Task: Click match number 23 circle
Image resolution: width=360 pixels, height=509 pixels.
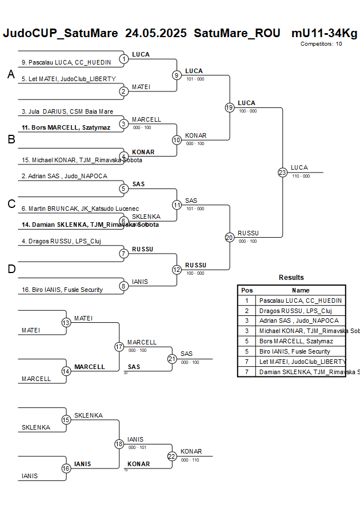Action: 282,173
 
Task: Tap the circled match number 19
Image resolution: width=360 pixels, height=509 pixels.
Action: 229,107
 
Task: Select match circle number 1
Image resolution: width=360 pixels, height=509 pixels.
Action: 123,58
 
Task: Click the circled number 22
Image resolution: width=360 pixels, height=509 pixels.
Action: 171,456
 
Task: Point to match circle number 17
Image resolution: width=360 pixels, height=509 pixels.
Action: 119,347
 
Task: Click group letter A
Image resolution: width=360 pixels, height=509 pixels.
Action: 11,74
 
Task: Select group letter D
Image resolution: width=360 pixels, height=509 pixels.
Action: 11,269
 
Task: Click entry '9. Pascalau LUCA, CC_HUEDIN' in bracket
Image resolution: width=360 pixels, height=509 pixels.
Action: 66,62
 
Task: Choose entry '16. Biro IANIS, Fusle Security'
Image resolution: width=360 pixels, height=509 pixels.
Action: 62,290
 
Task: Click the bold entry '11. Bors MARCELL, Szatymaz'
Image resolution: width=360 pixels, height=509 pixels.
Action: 65,127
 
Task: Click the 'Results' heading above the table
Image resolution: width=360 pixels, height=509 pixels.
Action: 291,278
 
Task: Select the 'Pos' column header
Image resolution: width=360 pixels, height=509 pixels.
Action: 247,290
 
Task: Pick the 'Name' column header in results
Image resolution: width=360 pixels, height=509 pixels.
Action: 301,290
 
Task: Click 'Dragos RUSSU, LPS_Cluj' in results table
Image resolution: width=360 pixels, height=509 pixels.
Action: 291,310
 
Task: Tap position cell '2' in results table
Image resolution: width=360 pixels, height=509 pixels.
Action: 247,310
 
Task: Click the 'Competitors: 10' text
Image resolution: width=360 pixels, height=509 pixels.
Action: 321,43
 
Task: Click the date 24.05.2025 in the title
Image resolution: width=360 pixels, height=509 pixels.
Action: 155,33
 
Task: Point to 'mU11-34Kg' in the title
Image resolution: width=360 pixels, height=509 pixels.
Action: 324,33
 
